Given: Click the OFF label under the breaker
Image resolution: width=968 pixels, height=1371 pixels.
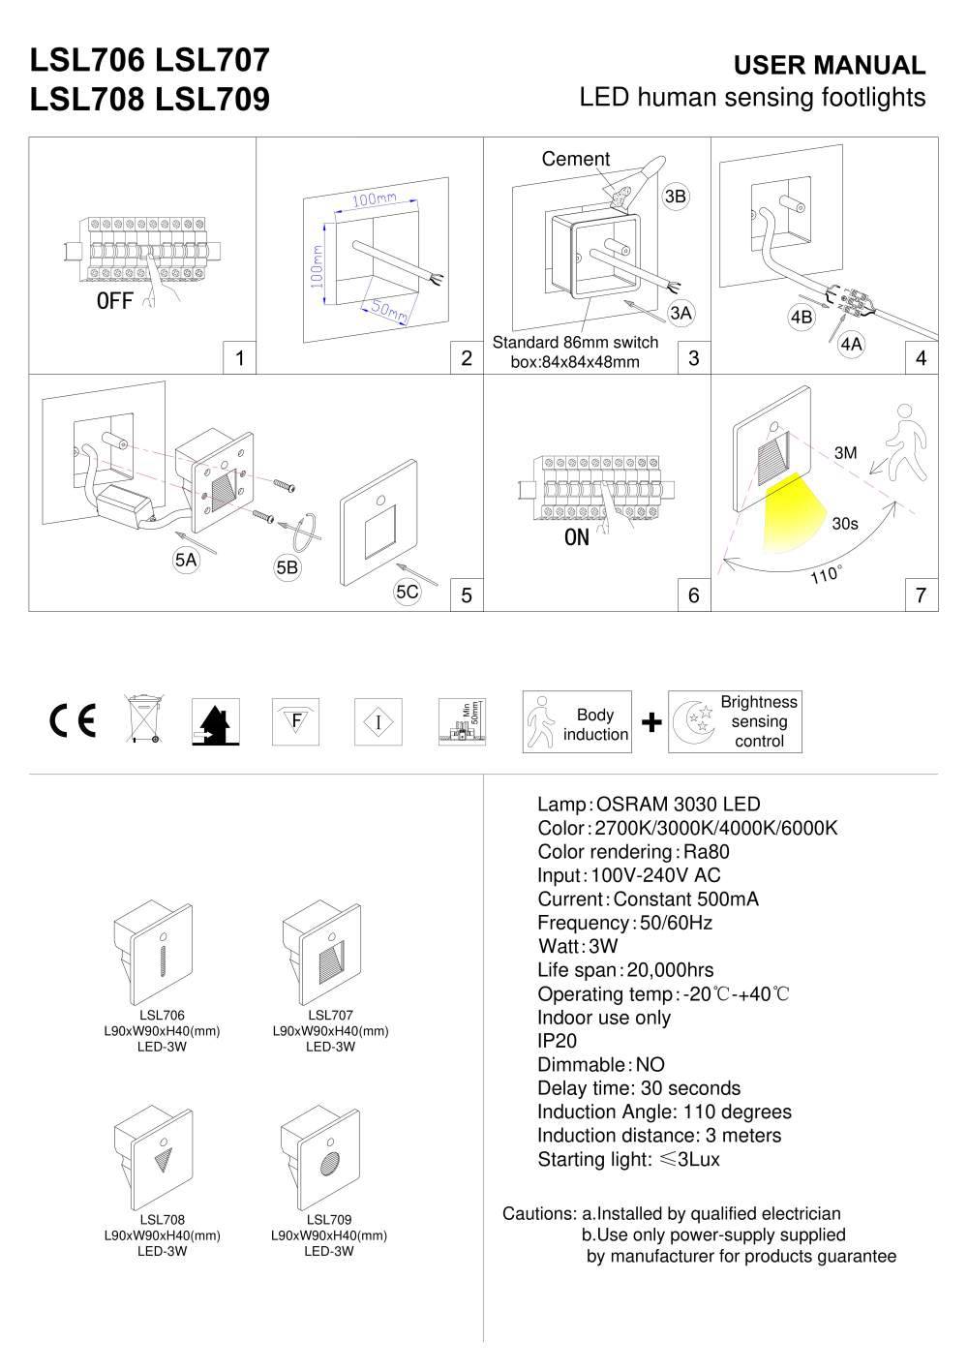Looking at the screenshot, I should [114, 300].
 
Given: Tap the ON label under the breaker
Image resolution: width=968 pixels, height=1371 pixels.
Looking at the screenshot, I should [576, 536].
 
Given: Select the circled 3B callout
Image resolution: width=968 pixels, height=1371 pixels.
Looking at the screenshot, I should [675, 197].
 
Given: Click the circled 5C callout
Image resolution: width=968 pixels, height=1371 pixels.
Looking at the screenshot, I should [408, 592].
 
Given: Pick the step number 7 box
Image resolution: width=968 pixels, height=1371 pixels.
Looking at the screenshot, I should [921, 594].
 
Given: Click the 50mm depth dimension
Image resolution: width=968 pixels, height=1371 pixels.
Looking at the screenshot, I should [386, 311].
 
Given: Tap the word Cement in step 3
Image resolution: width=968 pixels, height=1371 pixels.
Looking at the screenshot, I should [575, 159].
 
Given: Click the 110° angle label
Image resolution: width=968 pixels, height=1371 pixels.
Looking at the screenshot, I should [826, 575].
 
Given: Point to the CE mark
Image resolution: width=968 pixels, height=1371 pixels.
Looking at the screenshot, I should [73, 721].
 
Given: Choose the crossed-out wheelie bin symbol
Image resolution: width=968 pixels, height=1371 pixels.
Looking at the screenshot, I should [144, 720].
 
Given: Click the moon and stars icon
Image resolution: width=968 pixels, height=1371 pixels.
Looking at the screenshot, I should [694, 722].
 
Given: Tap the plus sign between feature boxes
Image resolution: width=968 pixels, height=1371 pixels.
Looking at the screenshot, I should [651, 721].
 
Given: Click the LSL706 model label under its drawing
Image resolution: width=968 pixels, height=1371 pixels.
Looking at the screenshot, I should [162, 1015].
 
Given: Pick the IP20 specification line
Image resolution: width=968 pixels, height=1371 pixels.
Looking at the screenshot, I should [557, 1041].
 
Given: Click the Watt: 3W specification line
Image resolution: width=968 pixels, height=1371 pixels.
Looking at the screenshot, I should [577, 946].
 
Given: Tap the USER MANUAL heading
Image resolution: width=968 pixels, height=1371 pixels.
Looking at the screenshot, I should [830, 65].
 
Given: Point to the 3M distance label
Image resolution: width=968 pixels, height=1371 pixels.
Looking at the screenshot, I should [845, 453].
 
